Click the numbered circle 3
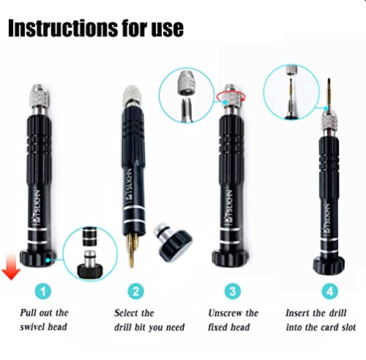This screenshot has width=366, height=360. pyautogui.click(x=233, y=291)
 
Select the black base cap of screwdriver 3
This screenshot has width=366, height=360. pyautogui.click(x=229, y=256)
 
